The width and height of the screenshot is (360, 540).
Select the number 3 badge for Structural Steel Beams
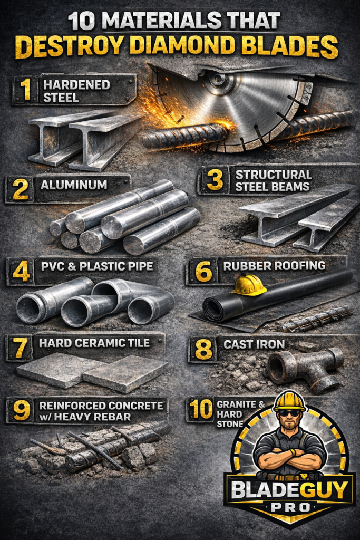[x=215, y=180]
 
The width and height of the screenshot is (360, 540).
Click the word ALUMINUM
[x=74, y=185]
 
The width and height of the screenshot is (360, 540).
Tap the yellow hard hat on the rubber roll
[x=249, y=285]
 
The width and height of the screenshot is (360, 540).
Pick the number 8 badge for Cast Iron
[x=203, y=349]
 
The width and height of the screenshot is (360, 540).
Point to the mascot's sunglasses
[x=289, y=413]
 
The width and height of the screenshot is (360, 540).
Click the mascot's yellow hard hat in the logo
[x=289, y=401]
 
